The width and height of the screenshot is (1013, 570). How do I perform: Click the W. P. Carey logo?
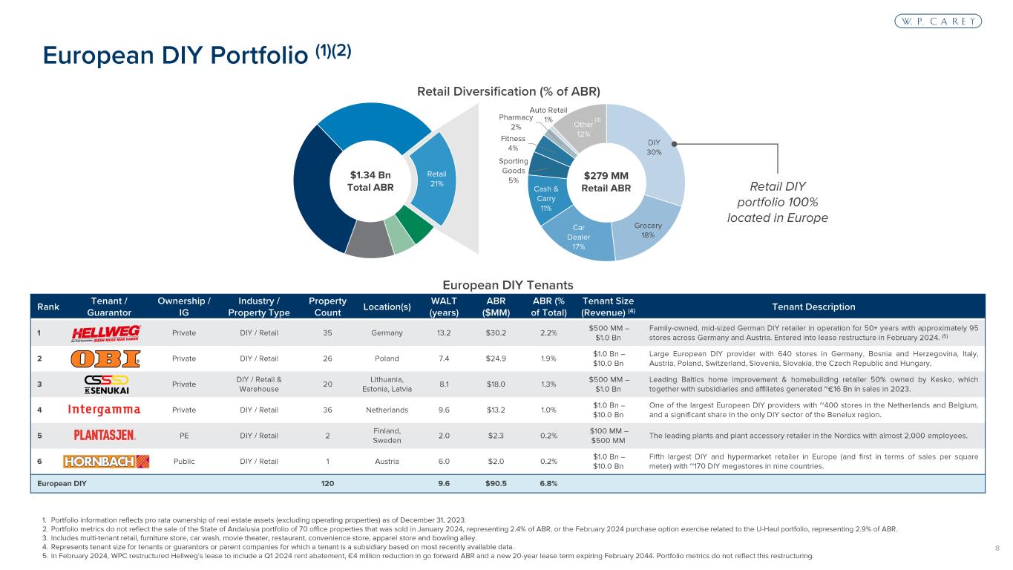(x=937, y=22)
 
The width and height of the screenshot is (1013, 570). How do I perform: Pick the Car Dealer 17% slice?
(x=578, y=236)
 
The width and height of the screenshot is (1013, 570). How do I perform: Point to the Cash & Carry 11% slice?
(x=546, y=198)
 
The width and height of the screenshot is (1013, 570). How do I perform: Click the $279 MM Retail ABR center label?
(x=606, y=182)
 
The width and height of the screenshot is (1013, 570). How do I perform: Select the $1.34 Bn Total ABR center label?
(x=371, y=182)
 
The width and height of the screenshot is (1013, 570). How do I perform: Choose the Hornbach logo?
(x=107, y=461)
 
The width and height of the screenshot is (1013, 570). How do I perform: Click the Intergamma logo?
(x=105, y=410)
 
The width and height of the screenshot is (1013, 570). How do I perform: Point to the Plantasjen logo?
(x=105, y=436)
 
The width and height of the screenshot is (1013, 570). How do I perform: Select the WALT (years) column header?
(x=444, y=307)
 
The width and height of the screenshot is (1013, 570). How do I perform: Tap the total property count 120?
(x=327, y=483)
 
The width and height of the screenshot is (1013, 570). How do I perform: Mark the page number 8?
(x=996, y=548)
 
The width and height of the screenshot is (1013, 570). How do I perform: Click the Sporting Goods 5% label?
(x=514, y=171)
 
